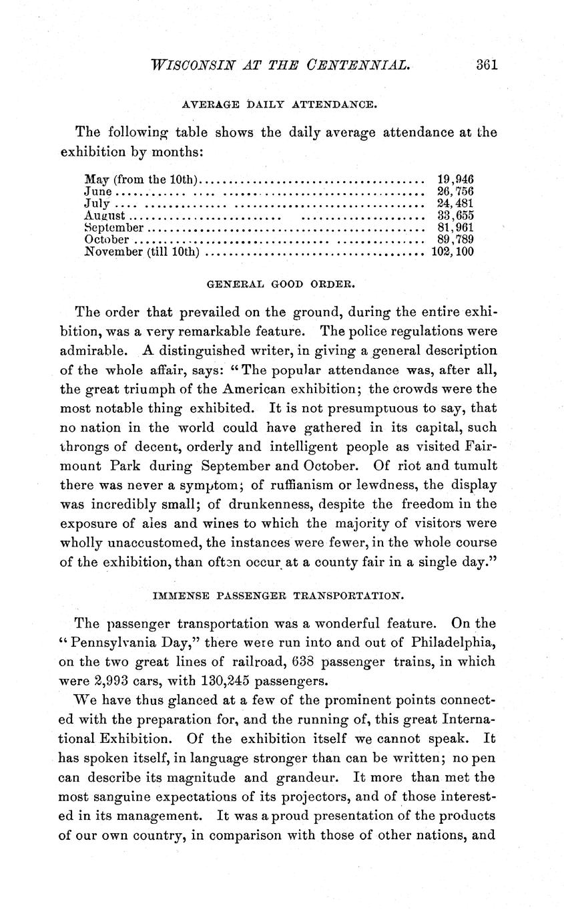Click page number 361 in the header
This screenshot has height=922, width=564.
pyautogui.click(x=487, y=65)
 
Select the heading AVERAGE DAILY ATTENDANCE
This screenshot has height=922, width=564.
pyautogui.click(x=280, y=105)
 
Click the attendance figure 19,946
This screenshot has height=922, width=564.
pyautogui.click(x=455, y=179)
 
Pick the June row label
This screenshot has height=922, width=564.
pyautogui.click(x=97, y=191)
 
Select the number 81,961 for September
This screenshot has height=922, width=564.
pyautogui.click(x=455, y=228)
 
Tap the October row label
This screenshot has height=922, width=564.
pyautogui.click(x=107, y=240)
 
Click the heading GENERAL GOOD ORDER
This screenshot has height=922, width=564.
pyautogui.click(x=280, y=283)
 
